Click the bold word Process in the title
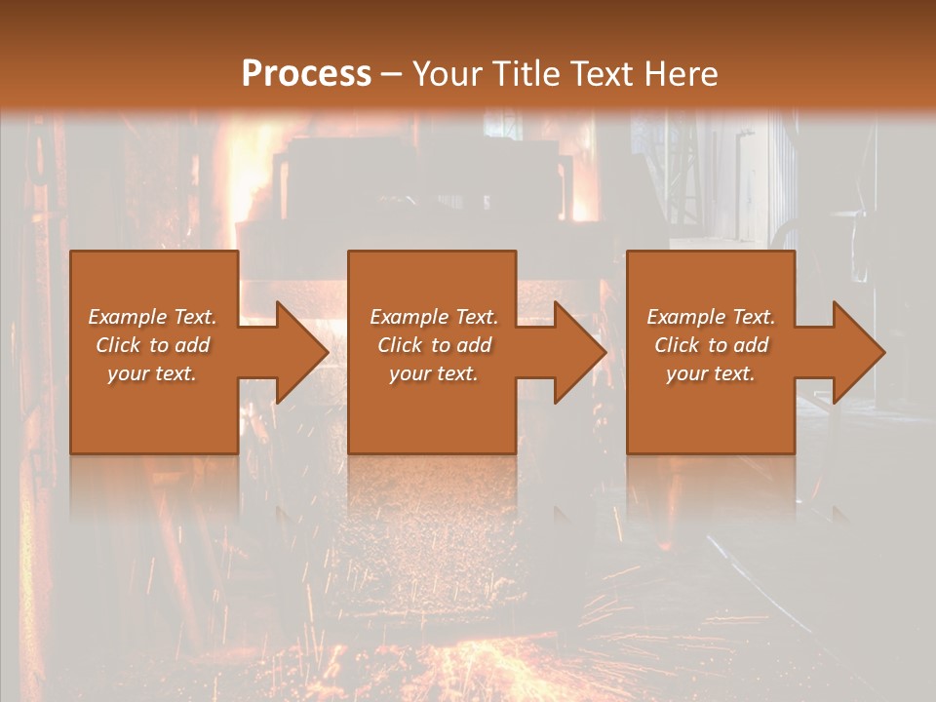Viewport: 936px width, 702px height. click(x=306, y=74)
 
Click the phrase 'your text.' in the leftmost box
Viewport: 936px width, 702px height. click(x=152, y=373)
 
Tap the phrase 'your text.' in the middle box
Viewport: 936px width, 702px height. click(x=434, y=373)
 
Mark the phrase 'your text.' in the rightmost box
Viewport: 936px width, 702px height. click(x=711, y=373)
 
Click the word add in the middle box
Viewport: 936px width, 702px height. click(x=474, y=345)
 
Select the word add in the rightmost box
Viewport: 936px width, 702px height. click(x=751, y=345)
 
